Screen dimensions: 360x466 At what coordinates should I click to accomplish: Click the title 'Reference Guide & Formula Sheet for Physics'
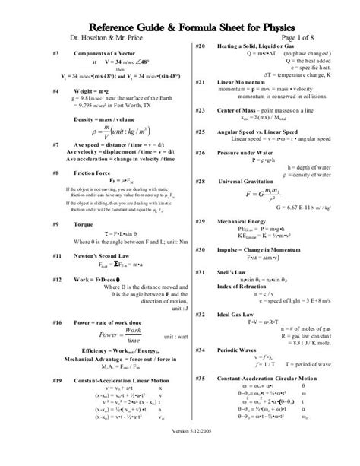coord(179,21)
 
